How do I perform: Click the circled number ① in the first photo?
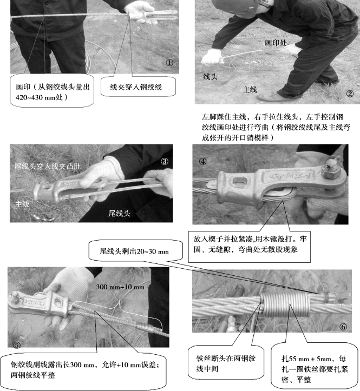point(169,63)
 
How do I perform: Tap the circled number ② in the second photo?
point(350,94)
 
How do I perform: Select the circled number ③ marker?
point(164,161)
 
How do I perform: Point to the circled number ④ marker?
point(202,161)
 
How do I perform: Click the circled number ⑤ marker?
point(16,345)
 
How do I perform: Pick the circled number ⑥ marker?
point(343,327)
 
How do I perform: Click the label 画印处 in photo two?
point(276,43)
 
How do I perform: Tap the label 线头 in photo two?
point(210,77)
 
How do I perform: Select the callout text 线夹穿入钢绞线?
point(136,87)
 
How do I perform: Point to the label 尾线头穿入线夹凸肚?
point(48,166)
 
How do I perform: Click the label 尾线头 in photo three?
point(119,214)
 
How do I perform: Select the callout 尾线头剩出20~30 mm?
point(134,251)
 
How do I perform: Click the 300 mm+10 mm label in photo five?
point(120,287)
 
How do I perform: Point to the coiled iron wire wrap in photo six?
point(285,304)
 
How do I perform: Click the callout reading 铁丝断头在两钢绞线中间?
point(226,363)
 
